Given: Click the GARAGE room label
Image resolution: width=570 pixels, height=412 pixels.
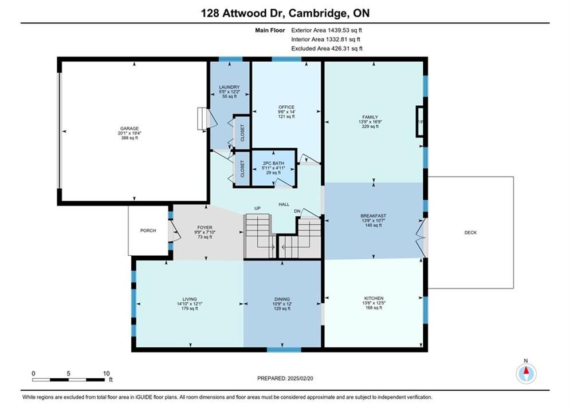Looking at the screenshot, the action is [x=129, y=129].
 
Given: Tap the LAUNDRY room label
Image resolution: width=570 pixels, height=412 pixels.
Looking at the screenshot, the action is [x=229, y=87].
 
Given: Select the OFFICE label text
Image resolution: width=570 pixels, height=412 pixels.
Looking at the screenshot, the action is [x=286, y=107].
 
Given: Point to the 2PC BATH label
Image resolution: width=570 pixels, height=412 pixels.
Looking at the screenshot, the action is [x=274, y=163].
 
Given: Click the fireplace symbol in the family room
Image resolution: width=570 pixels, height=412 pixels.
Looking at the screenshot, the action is [x=420, y=122].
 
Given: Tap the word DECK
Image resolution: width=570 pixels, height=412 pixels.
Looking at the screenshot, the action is [x=470, y=233].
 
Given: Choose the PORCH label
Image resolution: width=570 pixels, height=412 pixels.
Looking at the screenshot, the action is [x=148, y=231].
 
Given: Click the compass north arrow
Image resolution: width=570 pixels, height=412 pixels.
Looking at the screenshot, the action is [x=526, y=371].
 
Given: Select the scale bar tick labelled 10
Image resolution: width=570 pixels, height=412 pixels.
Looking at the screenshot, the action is [x=106, y=374].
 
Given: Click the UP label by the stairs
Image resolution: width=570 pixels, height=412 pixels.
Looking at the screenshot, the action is [x=257, y=208].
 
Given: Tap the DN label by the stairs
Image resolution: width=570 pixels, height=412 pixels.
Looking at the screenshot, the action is [x=297, y=211].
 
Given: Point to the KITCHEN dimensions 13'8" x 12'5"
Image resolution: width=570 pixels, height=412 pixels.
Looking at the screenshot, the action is [x=374, y=303].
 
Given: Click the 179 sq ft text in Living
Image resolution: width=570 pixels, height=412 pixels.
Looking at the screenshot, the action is [x=190, y=308].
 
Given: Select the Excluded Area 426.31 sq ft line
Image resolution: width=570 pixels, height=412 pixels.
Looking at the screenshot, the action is [x=327, y=49].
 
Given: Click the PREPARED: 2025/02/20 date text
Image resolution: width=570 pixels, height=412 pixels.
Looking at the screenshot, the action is [x=285, y=378].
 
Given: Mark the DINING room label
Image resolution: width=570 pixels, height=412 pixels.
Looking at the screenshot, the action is [x=282, y=299].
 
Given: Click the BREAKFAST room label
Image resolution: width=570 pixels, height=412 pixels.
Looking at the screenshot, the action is [x=374, y=216].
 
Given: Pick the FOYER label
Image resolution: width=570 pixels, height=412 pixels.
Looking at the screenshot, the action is [x=205, y=228].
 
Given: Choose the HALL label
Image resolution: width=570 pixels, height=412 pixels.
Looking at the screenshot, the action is [x=284, y=205].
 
